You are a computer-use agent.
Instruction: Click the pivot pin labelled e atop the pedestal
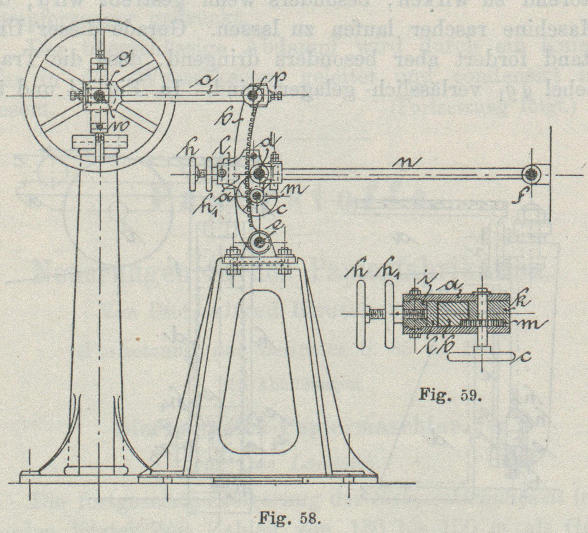point(259,242)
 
